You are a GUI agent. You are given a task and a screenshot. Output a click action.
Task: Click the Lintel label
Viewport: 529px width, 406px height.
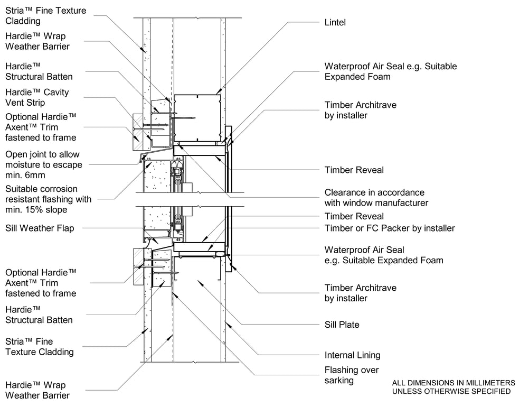[x=335, y=23]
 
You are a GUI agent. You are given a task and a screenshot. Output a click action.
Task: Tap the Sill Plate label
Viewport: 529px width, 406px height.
[x=342, y=325]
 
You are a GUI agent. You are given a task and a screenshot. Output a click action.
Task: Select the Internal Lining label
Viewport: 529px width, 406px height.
[x=353, y=355]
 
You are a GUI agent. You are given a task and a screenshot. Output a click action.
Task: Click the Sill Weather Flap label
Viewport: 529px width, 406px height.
[x=40, y=228]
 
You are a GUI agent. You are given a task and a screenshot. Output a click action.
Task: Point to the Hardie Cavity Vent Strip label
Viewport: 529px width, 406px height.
[x=37, y=97]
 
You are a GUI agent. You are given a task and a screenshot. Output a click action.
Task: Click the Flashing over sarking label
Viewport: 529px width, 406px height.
[x=352, y=375]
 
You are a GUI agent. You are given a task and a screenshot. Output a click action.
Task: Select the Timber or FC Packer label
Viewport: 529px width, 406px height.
[x=390, y=228]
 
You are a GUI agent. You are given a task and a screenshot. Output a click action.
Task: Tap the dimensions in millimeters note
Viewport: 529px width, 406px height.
[x=454, y=387]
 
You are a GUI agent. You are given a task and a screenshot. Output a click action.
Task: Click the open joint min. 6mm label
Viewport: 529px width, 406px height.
[x=44, y=165]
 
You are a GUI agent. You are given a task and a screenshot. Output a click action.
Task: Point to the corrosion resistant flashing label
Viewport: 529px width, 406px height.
[x=48, y=199]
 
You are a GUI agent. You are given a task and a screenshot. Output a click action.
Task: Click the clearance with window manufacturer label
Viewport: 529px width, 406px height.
[x=376, y=198]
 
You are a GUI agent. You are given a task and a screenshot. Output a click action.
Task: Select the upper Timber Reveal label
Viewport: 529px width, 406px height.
[x=354, y=170]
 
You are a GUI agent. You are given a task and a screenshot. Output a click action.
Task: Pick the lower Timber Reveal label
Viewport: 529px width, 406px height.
[x=354, y=216]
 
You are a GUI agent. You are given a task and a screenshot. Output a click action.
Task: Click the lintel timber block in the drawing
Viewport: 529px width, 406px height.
[x=197, y=118]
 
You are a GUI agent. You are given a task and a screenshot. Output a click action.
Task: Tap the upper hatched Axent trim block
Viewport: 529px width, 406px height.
[x=141, y=132]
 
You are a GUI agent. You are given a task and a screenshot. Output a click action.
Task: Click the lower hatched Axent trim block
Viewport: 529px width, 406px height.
[x=142, y=267]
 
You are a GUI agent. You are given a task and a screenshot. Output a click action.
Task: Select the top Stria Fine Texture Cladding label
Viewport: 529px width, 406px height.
[x=45, y=16]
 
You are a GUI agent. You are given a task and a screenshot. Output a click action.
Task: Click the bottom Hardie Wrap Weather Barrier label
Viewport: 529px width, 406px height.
[x=37, y=390]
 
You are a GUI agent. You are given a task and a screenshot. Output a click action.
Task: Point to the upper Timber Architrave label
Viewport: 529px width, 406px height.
[x=360, y=110]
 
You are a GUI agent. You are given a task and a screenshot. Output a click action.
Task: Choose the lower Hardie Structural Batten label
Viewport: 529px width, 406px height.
[x=39, y=315]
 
